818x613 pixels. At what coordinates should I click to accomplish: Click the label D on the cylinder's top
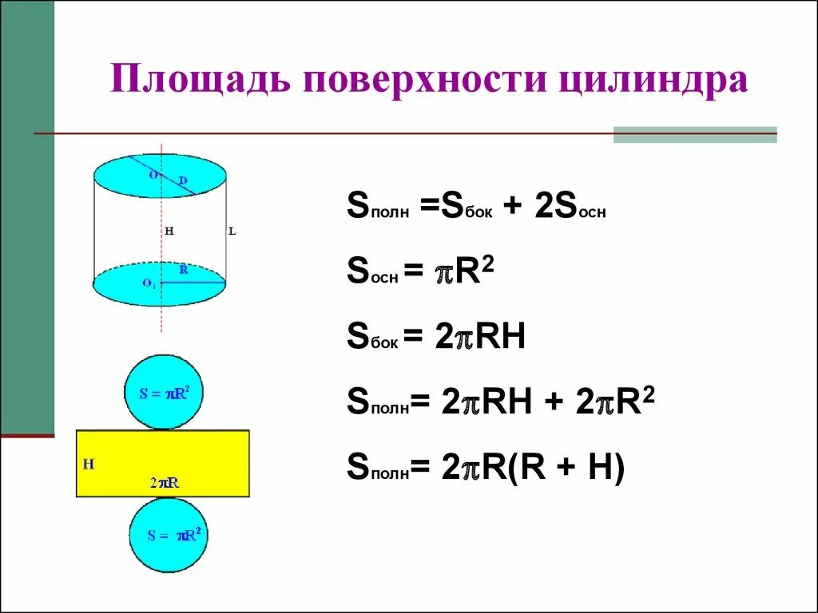coord(183,181)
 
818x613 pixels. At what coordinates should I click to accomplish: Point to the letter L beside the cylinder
coord(232,231)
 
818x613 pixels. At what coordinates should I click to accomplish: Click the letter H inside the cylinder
coord(169,231)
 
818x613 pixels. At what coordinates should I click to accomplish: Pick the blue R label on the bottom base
coord(184,270)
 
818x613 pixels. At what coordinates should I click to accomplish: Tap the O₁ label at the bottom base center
coord(149,283)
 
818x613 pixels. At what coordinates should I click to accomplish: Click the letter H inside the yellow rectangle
coord(89,464)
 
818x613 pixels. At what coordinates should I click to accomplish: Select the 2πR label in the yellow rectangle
coord(164,483)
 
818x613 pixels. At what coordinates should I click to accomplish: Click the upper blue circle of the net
coord(163,392)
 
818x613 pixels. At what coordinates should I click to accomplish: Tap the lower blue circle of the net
coord(169,536)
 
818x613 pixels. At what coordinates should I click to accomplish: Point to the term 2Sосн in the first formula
coord(568,210)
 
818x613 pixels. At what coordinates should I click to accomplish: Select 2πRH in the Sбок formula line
coord(480,338)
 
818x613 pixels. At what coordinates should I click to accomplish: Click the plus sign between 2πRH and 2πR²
coord(551,403)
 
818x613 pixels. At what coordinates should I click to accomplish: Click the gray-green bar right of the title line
coord(694,134)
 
